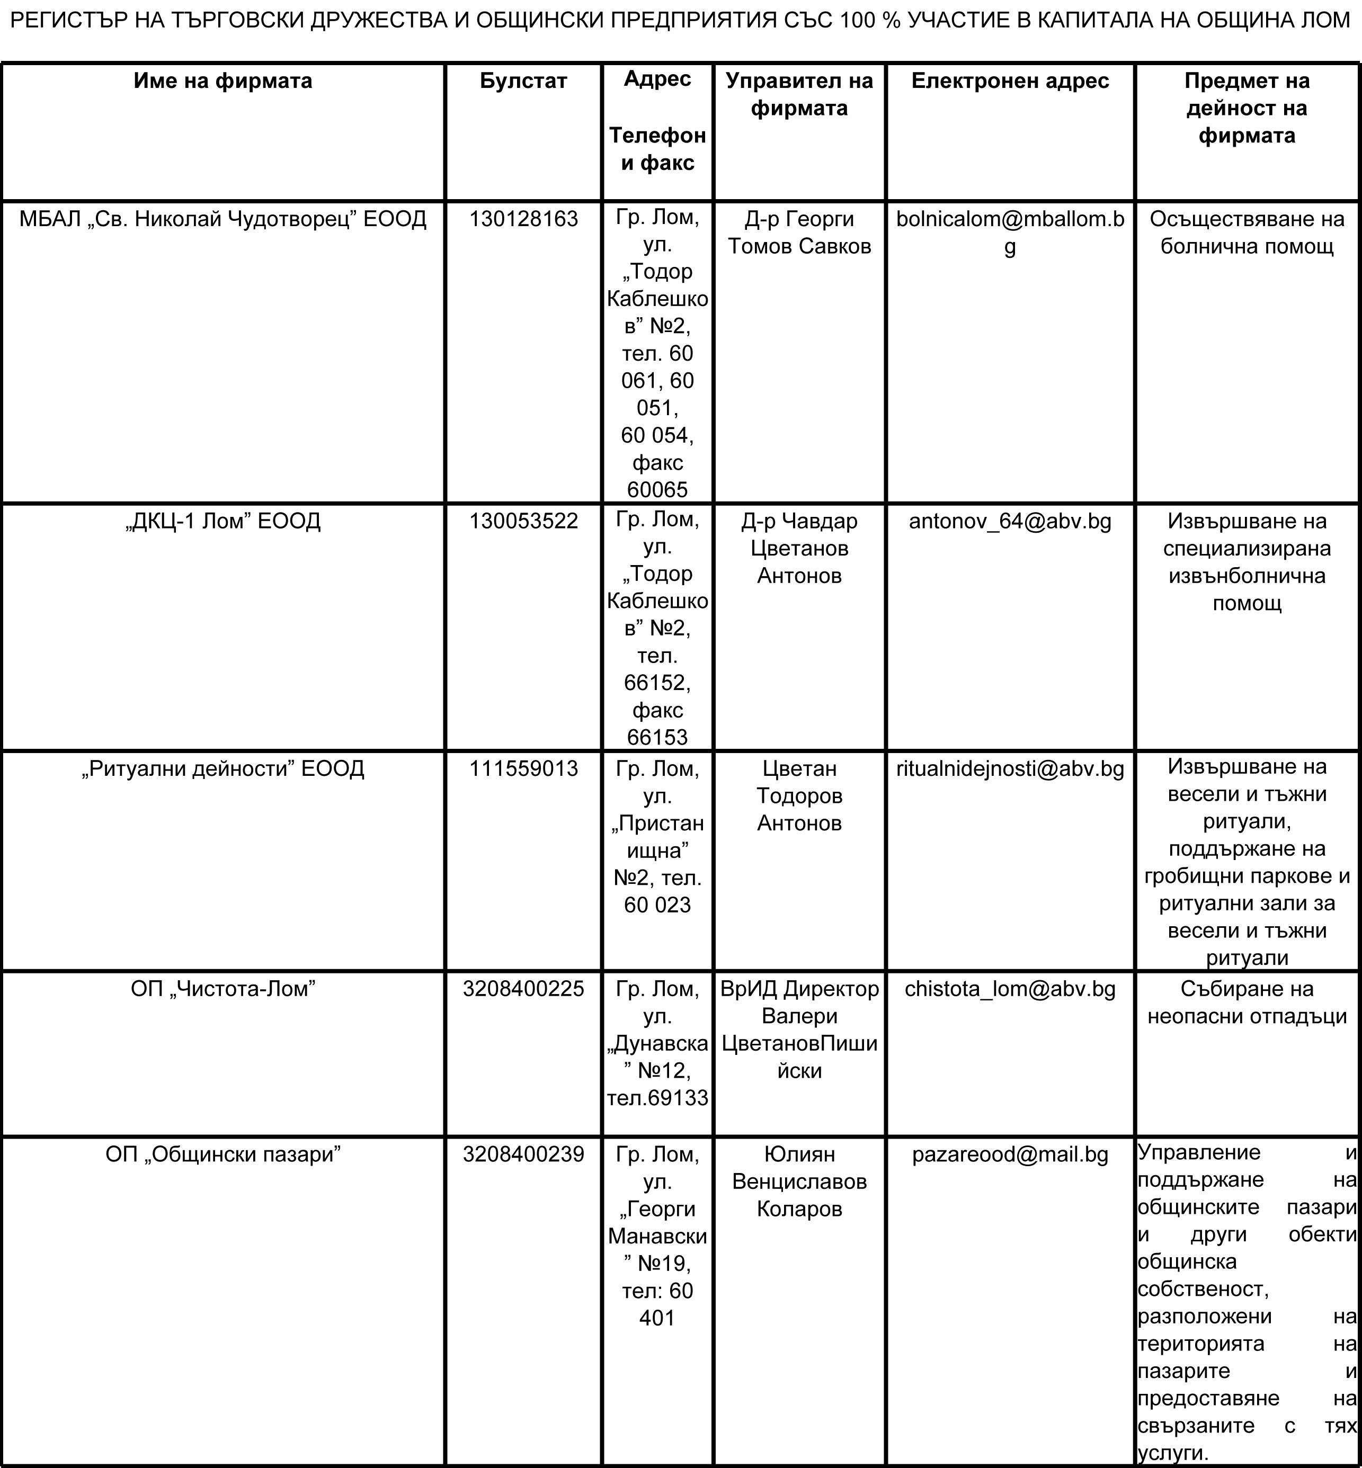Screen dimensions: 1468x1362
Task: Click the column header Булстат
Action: click(523, 81)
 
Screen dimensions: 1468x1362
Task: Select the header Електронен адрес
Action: click(1010, 81)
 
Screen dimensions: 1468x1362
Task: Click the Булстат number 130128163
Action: click(523, 219)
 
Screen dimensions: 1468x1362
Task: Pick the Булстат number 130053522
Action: click(523, 521)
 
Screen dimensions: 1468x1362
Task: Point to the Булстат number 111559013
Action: click(523, 768)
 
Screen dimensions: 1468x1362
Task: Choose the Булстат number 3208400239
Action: click(523, 1153)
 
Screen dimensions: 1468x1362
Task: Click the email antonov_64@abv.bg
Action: click(1010, 521)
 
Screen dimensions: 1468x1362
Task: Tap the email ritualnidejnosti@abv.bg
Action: click(1010, 768)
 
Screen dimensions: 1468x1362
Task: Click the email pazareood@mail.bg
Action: click(1010, 1153)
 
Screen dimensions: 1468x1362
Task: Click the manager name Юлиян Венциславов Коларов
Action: click(799, 1181)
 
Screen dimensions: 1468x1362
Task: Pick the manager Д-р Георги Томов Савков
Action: click(799, 232)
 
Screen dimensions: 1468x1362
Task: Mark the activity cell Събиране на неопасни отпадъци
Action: click(1247, 1002)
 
